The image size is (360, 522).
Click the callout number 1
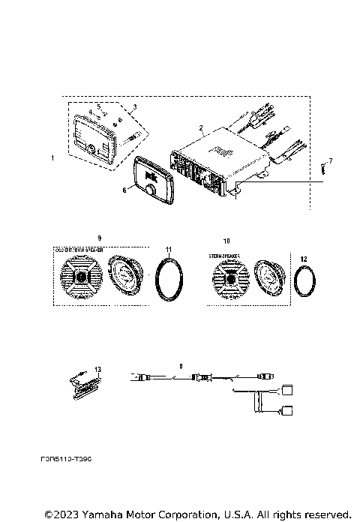click(52, 158)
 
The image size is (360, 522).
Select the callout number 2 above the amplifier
click(201, 128)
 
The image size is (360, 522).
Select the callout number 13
click(97, 368)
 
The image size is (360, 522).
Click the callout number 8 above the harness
click(181, 366)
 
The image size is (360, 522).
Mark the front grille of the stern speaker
click(232, 283)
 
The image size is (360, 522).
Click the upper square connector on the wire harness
click(286, 391)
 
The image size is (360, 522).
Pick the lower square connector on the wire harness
click(286, 411)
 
